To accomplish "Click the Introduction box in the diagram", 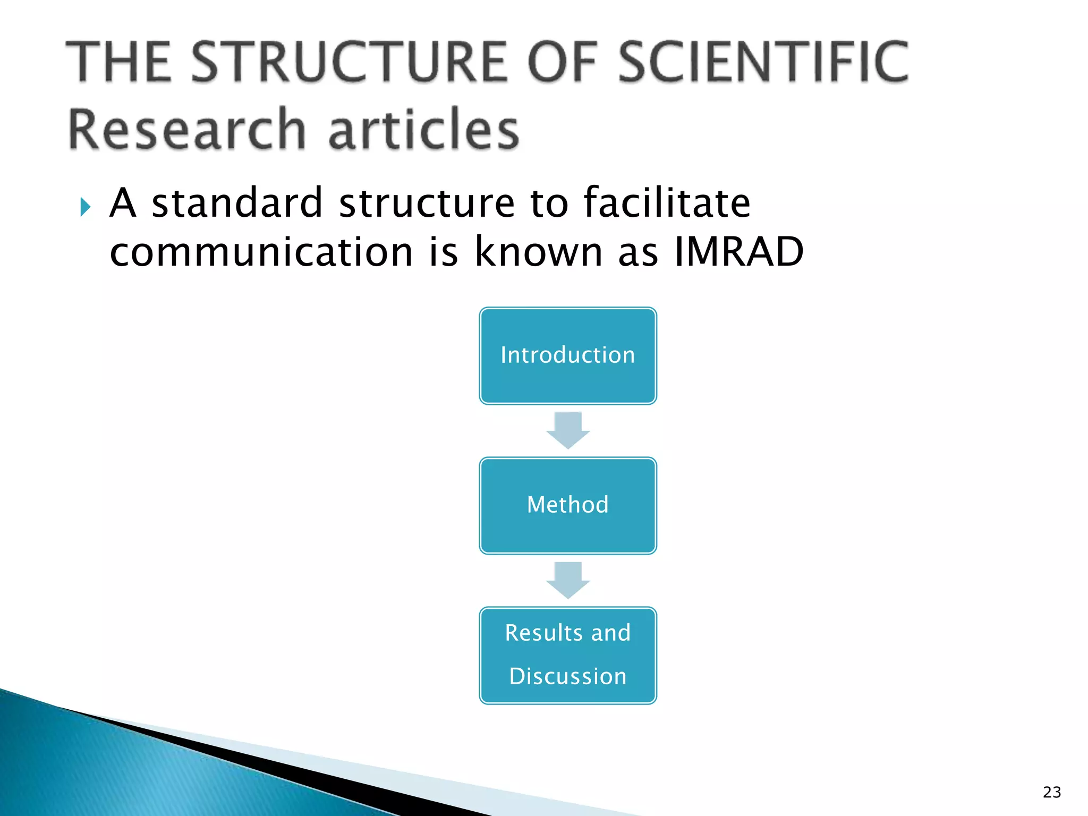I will click(567, 355).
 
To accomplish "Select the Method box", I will click(567, 505).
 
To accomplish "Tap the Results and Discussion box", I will click(567, 655).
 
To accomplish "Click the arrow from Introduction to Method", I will click(568, 430).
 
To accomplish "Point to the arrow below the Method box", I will click(568, 580).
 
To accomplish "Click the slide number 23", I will click(1051, 792).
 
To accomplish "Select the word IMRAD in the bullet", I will click(738, 251).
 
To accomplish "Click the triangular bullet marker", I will click(86, 207).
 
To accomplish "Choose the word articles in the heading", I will click(423, 129).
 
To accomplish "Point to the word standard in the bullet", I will click(237, 203).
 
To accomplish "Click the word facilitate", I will click(667, 203).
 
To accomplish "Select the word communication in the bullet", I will click(261, 251).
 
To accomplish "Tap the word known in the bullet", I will click(538, 251).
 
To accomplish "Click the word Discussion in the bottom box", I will click(567, 676).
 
